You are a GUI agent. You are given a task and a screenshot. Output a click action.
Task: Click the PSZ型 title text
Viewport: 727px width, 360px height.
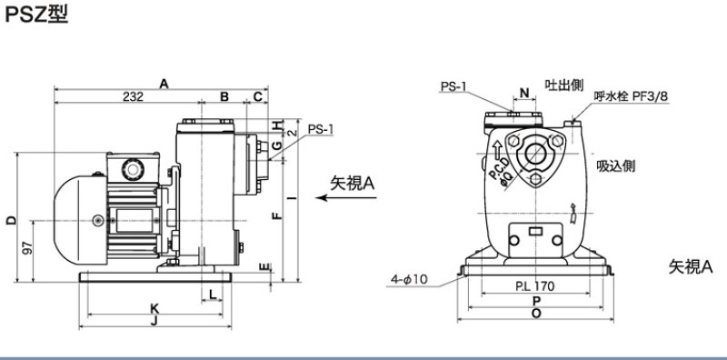tap(35, 16)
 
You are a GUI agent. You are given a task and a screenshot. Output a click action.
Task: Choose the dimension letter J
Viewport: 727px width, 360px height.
tap(155, 320)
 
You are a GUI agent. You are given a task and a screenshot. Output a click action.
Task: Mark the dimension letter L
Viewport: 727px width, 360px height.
tap(213, 294)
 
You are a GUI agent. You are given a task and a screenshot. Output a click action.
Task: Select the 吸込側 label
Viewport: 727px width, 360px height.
tap(615, 167)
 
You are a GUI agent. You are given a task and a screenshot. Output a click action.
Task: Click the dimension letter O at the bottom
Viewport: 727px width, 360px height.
tap(536, 312)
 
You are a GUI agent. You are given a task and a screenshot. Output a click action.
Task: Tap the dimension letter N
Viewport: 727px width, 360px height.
tap(524, 92)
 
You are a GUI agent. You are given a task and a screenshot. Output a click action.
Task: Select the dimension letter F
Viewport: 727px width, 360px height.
tap(276, 215)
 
